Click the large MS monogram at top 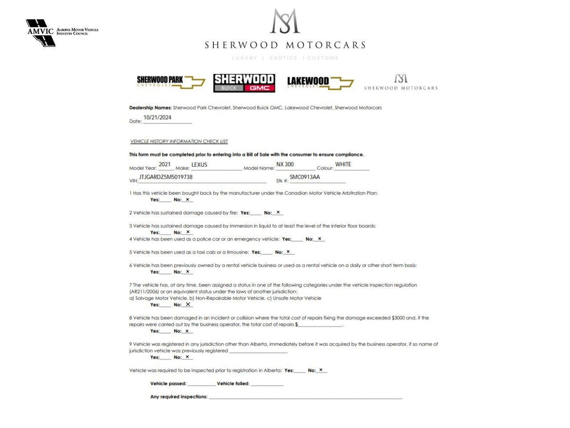click(x=285, y=21)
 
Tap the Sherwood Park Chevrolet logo click(x=171, y=82)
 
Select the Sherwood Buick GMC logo click(x=244, y=83)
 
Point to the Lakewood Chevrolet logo click(x=320, y=82)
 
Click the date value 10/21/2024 click(x=157, y=118)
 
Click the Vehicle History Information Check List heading click(x=179, y=141)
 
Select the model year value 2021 click(x=165, y=165)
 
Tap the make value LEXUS click(x=199, y=165)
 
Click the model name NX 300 click(x=285, y=165)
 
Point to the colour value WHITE click(x=343, y=165)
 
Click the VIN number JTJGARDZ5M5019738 click(x=166, y=177)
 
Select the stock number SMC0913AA click(x=305, y=177)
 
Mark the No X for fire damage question click(x=278, y=212)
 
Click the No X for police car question click(x=319, y=239)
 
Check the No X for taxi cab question click(x=288, y=252)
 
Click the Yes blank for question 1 click(x=165, y=200)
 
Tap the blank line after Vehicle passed click(x=201, y=383)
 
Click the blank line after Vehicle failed click(x=267, y=383)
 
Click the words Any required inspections click(x=179, y=397)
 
